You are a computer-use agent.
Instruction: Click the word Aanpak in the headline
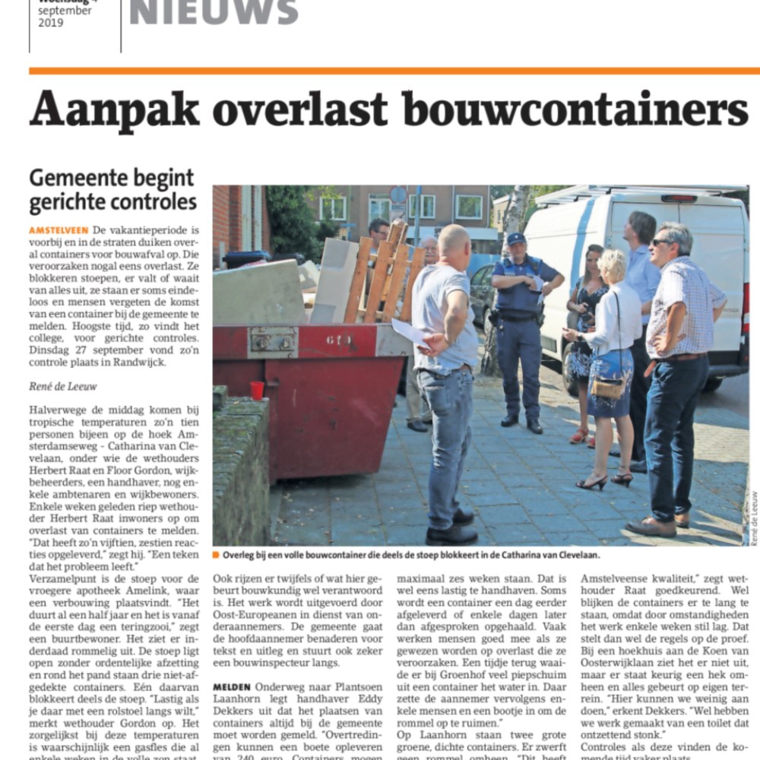coord(114,110)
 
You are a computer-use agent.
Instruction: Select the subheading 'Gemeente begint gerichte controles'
coord(112,191)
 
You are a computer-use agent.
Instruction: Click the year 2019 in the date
coord(51,23)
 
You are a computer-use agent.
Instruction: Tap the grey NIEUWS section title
coord(214,11)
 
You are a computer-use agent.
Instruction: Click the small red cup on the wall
coord(257,391)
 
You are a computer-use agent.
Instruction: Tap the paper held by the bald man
coord(411,333)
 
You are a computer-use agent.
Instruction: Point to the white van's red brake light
coord(679,199)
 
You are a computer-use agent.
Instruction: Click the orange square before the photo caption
coord(216,554)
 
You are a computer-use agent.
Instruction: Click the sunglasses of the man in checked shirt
coord(660,242)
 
